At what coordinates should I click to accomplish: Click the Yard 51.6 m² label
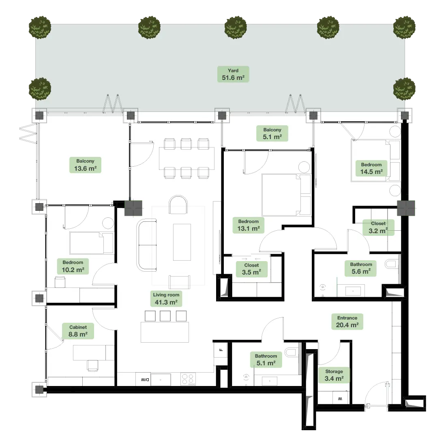pos(233,74)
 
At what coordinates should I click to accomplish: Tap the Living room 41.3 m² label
pos(166,299)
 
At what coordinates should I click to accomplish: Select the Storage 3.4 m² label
pos(334,375)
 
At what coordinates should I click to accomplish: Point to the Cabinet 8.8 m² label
pos(78,331)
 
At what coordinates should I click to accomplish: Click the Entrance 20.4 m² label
pos(347,322)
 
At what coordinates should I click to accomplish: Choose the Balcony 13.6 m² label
pos(85,165)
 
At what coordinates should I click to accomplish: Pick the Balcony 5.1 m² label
pos(272,133)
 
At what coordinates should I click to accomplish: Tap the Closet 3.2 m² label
pos(378,227)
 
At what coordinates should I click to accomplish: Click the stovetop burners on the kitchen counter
pos(188,380)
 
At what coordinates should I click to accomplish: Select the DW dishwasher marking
pos(145,380)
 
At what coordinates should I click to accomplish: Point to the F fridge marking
pos(221,350)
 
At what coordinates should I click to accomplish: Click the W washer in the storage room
pos(340,399)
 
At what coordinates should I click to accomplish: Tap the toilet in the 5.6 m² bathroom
pos(391,264)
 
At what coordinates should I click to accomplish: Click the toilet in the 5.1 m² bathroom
pos(291,352)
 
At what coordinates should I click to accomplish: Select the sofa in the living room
pos(147,245)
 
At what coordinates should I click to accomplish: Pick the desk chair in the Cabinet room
pos(93,365)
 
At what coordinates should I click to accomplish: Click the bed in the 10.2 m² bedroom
pos(92,243)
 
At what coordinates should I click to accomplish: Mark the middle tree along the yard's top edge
pos(236,27)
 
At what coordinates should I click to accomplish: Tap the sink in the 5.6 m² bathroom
pos(353,291)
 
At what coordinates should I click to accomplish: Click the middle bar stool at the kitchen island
pos(165,316)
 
